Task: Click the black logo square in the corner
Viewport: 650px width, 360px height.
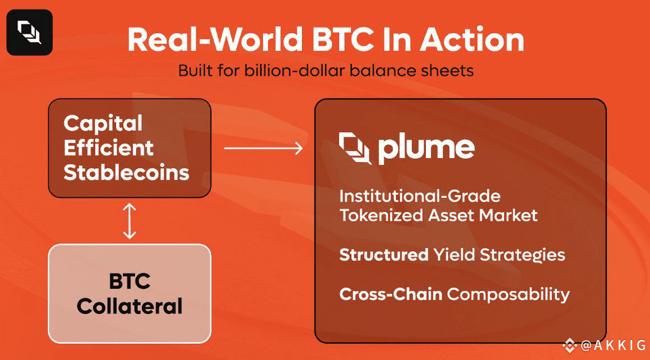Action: pyautogui.click(x=30, y=33)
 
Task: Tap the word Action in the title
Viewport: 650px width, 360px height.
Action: pyautogui.click(x=472, y=40)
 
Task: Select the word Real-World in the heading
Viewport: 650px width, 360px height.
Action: pyautogui.click(x=215, y=40)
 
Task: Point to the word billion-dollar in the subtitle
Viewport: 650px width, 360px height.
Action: pyautogui.click(x=294, y=71)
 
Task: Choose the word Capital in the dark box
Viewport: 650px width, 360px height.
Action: pyautogui.click(x=103, y=123)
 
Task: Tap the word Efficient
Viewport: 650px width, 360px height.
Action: pyautogui.click(x=109, y=148)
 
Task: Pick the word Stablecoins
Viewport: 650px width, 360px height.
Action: pyautogui.click(x=127, y=173)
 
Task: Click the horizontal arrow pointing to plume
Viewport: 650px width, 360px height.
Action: pyautogui.click(x=264, y=148)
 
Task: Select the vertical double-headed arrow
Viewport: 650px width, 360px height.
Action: pyautogui.click(x=130, y=220)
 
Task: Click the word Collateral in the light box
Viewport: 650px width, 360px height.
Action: pyautogui.click(x=130, y=306)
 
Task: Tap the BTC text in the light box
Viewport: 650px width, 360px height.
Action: pyautogui.click(x=130, y=281)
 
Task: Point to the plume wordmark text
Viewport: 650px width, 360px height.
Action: pyautogui.click(x=426, y=149)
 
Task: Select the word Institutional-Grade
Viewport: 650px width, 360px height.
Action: pyautogui.click(x=420, y=196)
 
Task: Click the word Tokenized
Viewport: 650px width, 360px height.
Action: pyautogui.click(x=381, y=216)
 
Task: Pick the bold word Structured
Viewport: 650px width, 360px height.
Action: pyautogui.click(x=384, y=255)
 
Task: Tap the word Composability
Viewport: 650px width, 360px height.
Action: pyautogui.click(x=508, y=294)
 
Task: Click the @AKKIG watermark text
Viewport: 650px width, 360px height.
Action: pyautogui.click(x=613, y=345)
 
